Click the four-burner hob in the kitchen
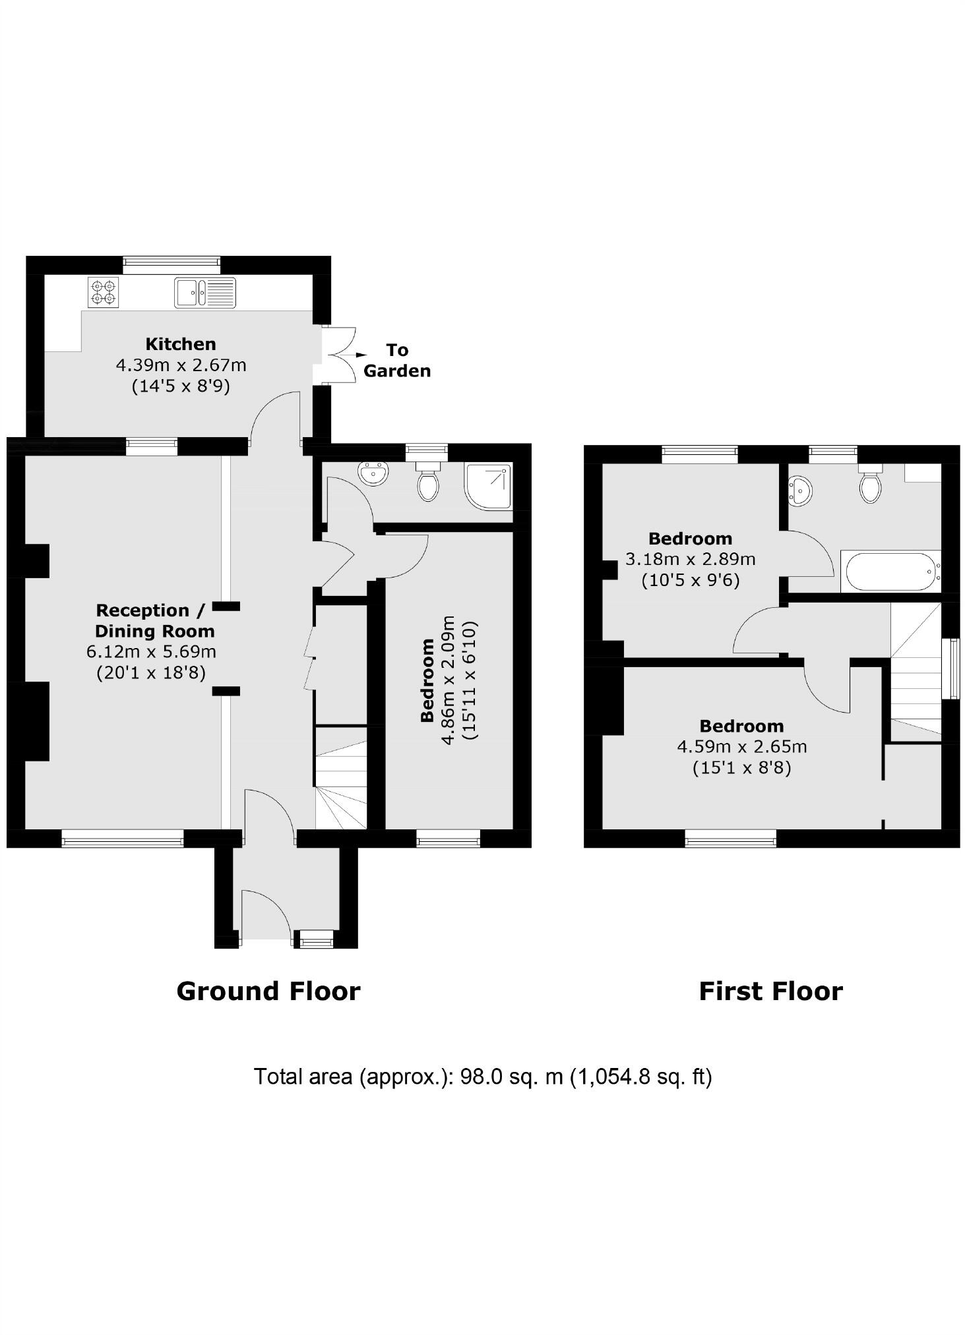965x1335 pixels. click(x=104, y=293)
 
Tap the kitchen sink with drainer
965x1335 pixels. click(x=204, y=292)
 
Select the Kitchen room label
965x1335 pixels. click(x=181, y=344)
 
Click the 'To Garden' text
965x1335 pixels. click(x=397, y=360)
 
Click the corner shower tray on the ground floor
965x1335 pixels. click(x=489, y=487)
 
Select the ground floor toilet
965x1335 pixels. click(x=429, y=483)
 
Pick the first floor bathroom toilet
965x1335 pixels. click(x=871, y=486)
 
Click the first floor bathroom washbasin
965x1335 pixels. click(x=801, y=491)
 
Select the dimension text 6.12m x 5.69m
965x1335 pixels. click(x=151, y=652)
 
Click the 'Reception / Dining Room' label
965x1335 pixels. click(x=153, y=620)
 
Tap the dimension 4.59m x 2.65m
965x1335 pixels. click(x=742, y=747)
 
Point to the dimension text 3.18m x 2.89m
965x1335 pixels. click(x=690, y=560)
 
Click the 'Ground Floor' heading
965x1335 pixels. click(x=268, y=992)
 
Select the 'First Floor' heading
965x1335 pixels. click(x=770, y=992)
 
